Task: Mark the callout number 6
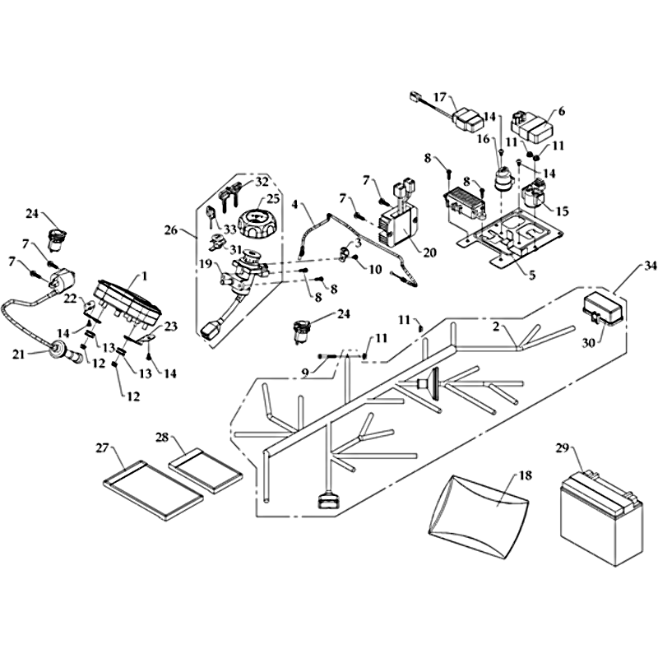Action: coord(562,111)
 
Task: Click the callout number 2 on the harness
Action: coord(496,327)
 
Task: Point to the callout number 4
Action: coord(294,202)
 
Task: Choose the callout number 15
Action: coord(563,212)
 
